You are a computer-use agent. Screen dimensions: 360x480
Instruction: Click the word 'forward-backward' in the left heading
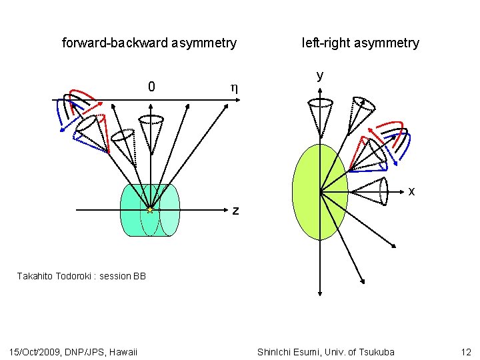(x=114, y=43)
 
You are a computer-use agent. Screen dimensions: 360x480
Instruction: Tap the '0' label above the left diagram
(x=152, y=87)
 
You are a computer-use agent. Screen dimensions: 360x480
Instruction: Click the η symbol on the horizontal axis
(x=233, y=87)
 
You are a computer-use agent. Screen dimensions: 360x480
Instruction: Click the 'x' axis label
(x=411, y=191)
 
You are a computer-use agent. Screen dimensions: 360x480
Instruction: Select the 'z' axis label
(x=235, y=211)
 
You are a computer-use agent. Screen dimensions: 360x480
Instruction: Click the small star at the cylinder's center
(x=150, y=210)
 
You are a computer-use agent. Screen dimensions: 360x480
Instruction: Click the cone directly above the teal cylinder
(x=152, y=130)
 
